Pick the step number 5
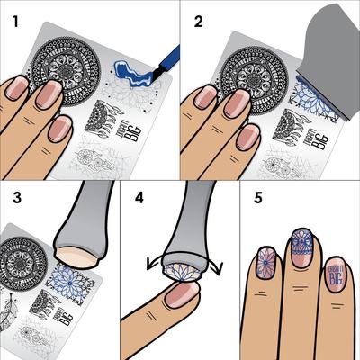256,197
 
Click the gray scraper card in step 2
310,49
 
